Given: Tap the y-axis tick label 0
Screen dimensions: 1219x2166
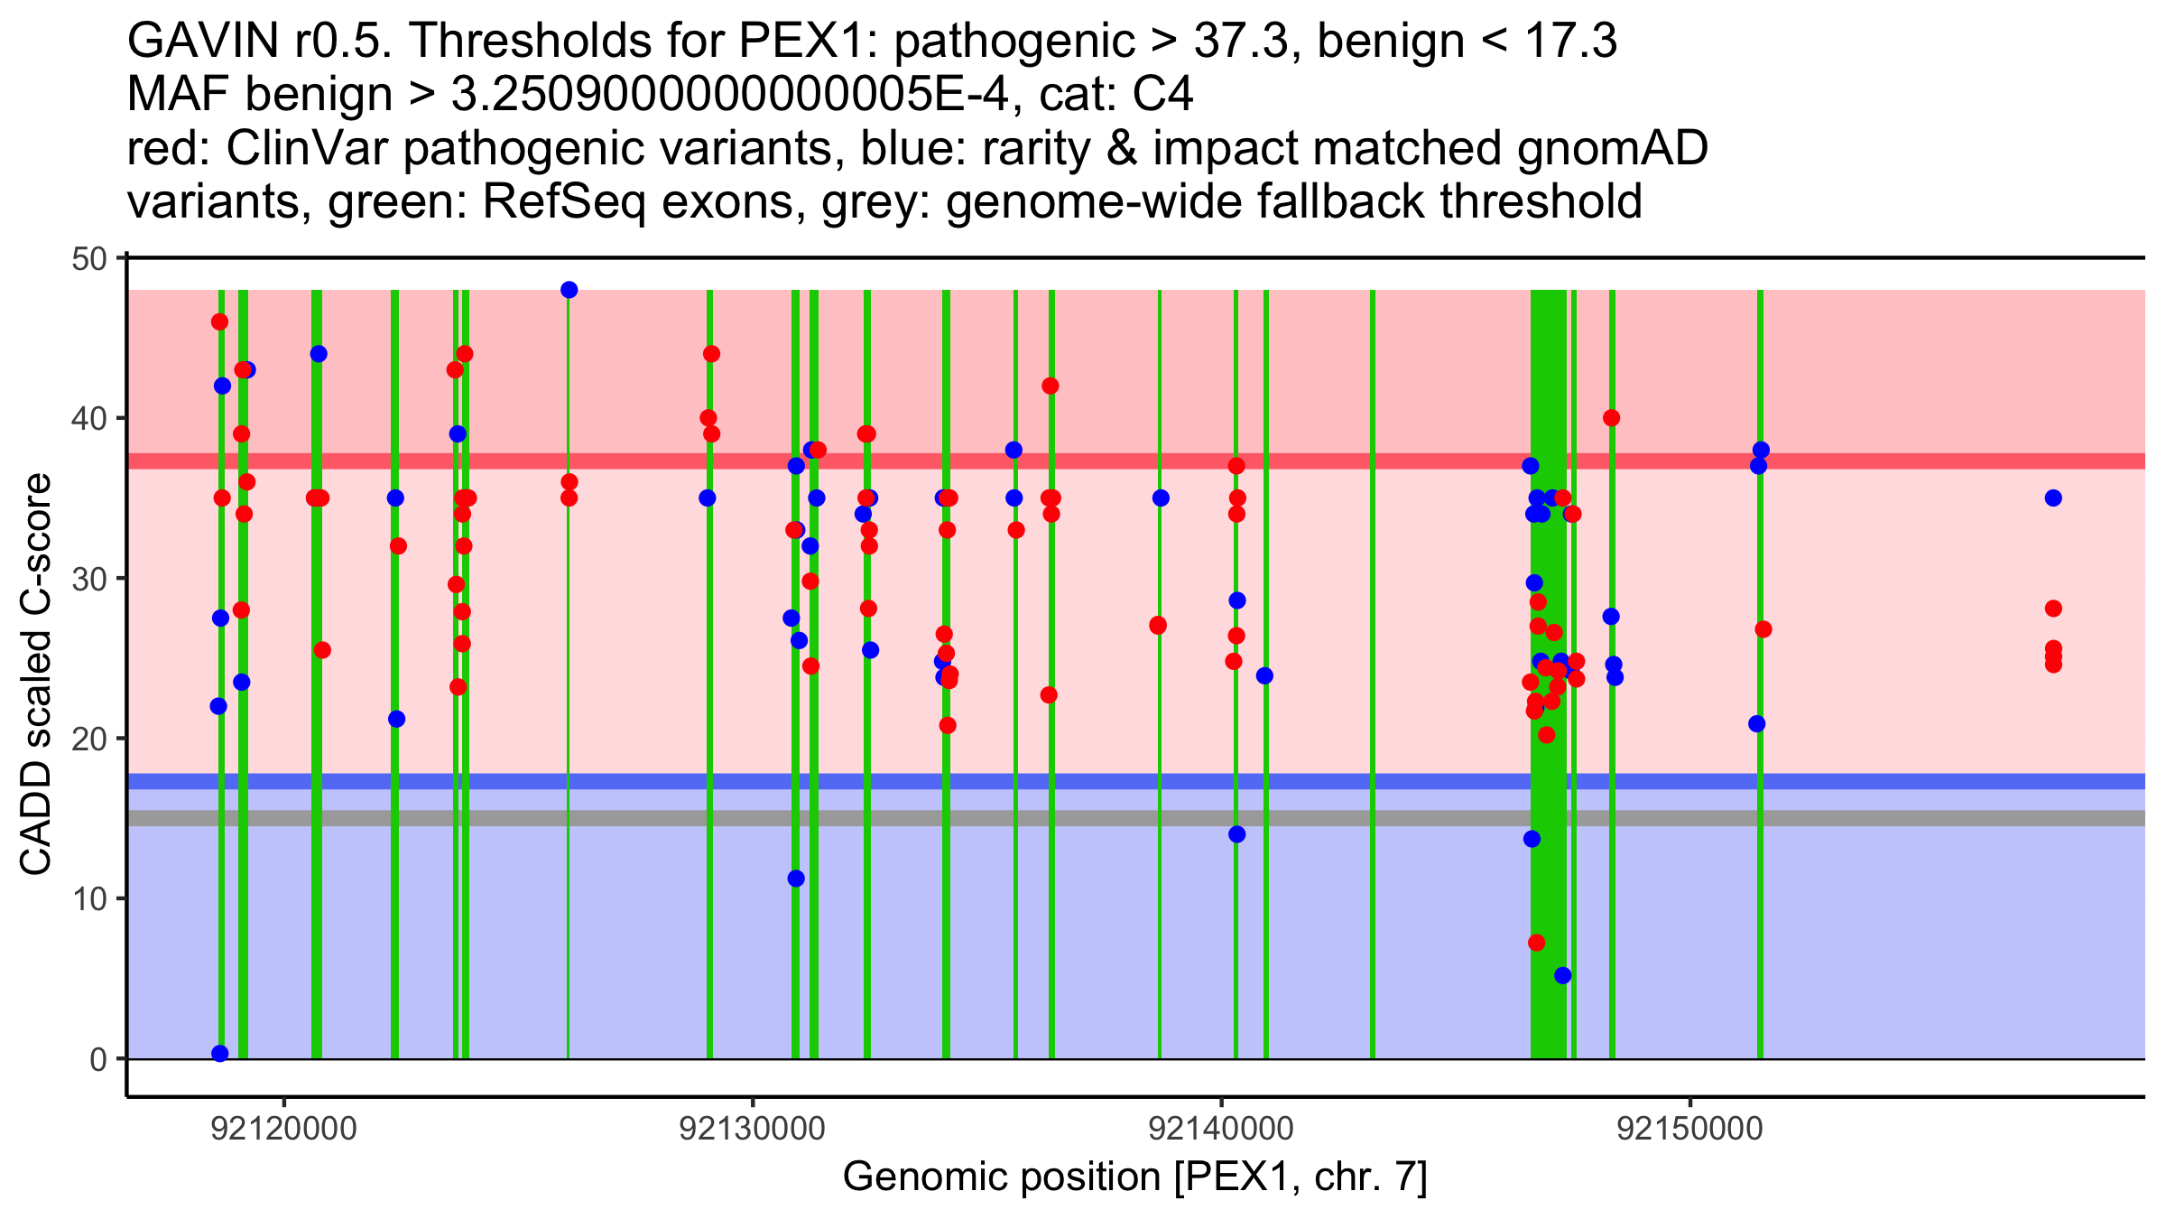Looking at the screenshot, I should [97, 1059].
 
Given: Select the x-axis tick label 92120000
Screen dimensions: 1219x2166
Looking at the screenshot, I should [284, 1130].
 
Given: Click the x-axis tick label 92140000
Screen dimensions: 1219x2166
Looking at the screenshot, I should [1221, 1130].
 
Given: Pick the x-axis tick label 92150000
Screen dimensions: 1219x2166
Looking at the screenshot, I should [1689, 1130].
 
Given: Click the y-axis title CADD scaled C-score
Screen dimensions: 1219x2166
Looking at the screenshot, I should [36, 675].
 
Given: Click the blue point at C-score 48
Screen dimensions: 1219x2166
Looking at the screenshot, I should [569, 290].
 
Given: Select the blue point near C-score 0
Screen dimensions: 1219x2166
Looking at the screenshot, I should [220, 1054].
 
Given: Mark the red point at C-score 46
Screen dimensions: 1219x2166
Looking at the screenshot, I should [219, 322].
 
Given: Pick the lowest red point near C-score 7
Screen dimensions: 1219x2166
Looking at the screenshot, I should [1536, 943].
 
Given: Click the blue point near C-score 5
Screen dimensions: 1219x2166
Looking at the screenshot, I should [1562, 975].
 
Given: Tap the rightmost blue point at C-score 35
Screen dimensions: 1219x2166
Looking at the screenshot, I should [2053, 498].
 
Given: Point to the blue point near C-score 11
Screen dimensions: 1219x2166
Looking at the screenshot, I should [796, 879].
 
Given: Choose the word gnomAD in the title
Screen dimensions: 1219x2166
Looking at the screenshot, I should [1612, 149].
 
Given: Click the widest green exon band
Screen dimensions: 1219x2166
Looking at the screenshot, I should [1549, 674].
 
